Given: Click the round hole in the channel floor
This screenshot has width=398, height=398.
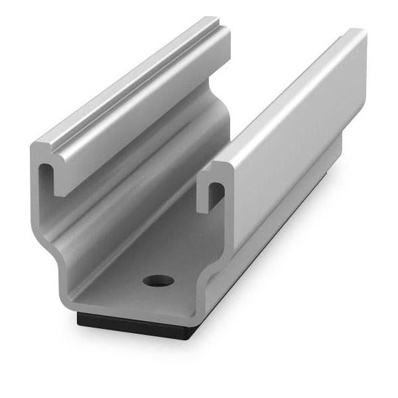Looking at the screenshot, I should click(x=159, y=280).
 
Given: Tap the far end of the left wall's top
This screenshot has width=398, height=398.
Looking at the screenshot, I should click(x=216, y=23).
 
